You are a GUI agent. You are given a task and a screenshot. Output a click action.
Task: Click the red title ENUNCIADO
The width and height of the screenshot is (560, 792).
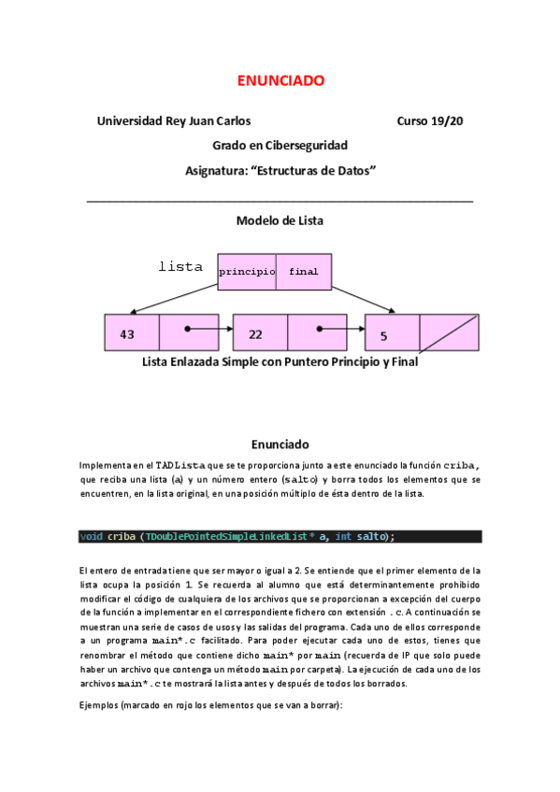click(x=280, y=81)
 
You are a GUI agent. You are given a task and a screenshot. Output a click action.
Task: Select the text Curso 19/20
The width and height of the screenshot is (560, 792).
click(x=430, y=121)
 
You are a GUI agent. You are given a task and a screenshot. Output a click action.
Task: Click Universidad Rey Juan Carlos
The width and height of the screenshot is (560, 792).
click(x=174, y=121)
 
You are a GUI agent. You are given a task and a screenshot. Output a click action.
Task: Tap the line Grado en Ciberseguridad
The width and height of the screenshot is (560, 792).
click(x=280, y=146)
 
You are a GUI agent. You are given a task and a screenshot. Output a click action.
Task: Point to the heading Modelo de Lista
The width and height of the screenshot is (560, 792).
click(x=280, y=221)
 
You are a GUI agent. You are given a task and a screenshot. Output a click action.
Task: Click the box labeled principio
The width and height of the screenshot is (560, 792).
click(x=247, y=271)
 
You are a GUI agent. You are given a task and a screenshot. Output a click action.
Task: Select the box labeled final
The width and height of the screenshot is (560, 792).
click(x=304, y=271)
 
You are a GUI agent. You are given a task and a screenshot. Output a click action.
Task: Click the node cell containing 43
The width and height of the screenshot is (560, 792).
click(x=132, y=333)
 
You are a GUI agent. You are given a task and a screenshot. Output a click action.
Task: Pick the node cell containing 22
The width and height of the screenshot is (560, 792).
click(x=260, y=333)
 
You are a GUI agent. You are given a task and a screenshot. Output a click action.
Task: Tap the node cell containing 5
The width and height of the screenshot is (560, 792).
click(x=392, y=333)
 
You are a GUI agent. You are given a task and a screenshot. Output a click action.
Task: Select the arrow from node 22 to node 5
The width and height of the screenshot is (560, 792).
click(x=340, y=330)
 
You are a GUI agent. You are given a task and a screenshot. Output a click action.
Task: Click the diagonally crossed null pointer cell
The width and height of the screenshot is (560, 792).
click(x=449, y=333)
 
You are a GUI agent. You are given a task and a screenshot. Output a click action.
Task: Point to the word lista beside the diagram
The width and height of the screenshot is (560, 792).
click(x=180, y=267)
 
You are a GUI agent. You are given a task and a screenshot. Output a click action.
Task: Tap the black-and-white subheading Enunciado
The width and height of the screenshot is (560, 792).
click(x=280, y=444)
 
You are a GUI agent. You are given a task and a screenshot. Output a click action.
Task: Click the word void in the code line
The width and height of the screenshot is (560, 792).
click(x=92, y=536)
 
